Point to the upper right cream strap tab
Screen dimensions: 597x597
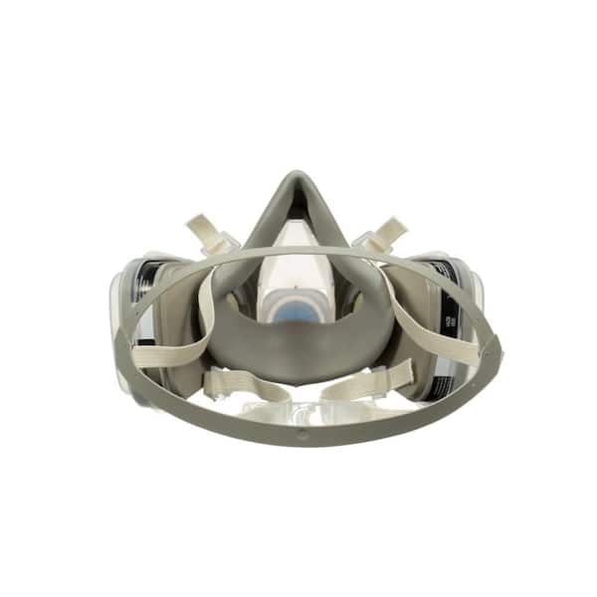click(387, 228)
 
